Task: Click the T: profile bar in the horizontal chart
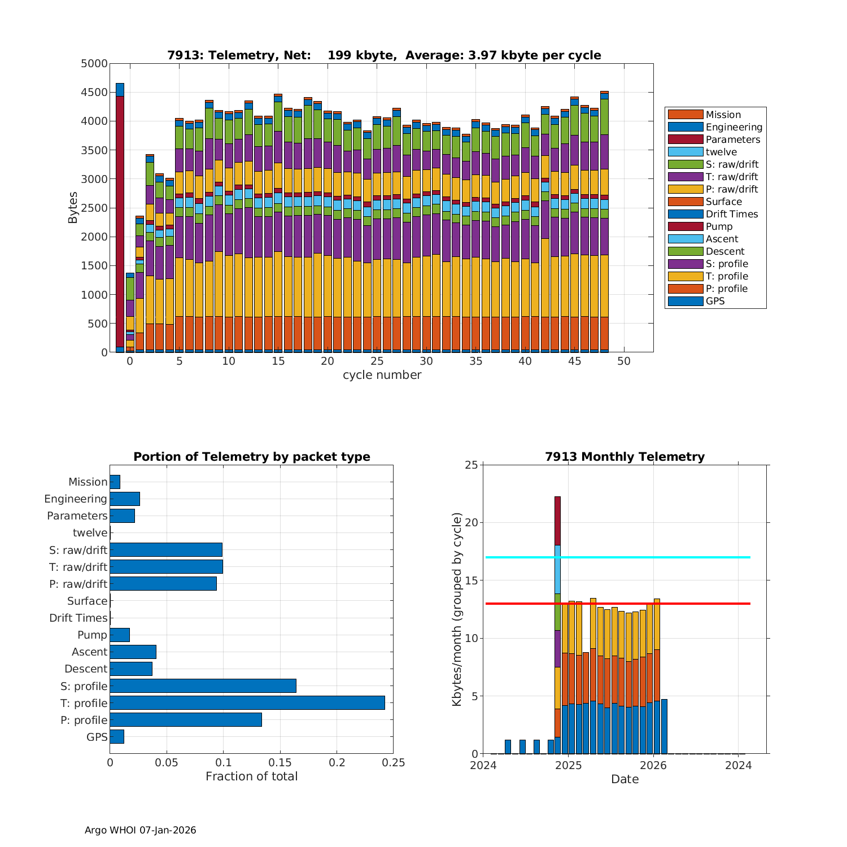tap(247, 702)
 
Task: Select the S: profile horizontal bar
tap(203, 686)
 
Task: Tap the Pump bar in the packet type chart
tap(120, 635)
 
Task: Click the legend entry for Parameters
tap(733, 139)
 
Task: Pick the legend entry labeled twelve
tap(721, 152)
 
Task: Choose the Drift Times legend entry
tap(731, 214)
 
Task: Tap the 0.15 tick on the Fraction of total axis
tap(280, 763)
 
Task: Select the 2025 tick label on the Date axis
tap(568, 766)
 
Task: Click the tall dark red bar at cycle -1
tap(120, 220)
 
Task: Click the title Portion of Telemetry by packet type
tap(252, 457)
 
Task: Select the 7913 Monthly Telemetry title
tap(625, 457)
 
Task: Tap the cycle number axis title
tap(382, 376)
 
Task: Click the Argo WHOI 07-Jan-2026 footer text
tap(140, 830)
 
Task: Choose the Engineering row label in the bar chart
tap(76, 499)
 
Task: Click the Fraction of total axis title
tap(251, 776)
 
